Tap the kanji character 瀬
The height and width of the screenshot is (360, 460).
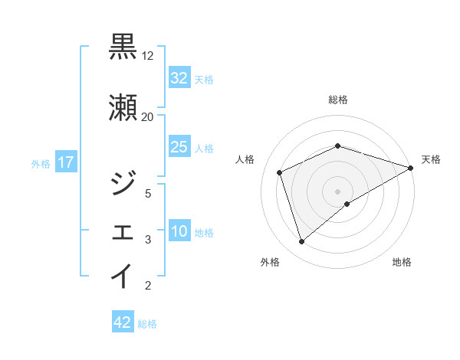click(x=123, y=106)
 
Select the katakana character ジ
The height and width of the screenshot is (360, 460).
click(x=123, y=182)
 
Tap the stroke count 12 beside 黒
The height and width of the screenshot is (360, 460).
click(x=148, y=56)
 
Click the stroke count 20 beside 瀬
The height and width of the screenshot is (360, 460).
click(x=148, y=116)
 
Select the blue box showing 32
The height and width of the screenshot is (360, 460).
click(x=179, y=78)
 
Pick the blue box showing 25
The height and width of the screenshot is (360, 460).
click(x=179, y=147)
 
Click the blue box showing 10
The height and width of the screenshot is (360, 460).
click(x=179, y=232)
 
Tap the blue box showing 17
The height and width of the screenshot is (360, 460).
click(x=65, y=162)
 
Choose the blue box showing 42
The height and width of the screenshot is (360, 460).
click(x=123, y=322)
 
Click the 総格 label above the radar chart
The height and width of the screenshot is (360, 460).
click(x=338, y=100)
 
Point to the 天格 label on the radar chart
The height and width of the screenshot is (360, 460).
click(x=431, y=159)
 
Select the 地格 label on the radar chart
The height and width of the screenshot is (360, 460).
click(x=402, y=263)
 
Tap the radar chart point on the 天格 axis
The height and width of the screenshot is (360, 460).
click(x=412, y=168)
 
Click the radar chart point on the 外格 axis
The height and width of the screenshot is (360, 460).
click(x=301, y=242)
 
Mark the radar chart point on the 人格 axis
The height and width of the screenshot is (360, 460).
click(x=280, y=172)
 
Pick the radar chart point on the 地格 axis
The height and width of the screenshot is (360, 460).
click(x=347, y=204)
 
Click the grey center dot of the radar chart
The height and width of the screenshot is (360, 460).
click(x=338, y=191)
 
